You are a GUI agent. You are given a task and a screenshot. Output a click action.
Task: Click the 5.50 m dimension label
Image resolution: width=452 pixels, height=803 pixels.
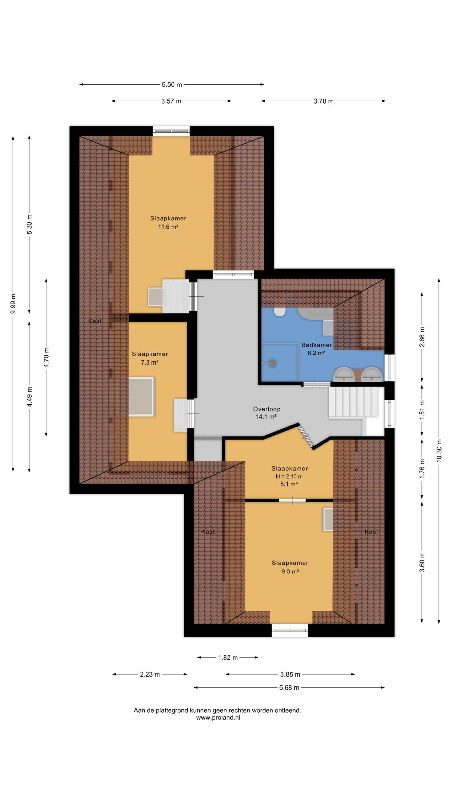click(172, 85)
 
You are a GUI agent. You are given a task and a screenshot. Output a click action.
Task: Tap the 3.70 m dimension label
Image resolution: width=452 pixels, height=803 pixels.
click(323, 101)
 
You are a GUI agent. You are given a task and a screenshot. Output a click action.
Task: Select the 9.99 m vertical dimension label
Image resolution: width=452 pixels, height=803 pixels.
click(13, 304)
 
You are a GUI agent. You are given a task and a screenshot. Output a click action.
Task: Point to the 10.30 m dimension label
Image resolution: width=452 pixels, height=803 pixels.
click(439, 450)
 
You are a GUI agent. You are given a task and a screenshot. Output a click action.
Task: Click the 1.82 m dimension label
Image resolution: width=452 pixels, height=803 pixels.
click(228, 657)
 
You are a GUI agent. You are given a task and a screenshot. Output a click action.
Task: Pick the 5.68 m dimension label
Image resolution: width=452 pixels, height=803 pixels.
click(289, 688)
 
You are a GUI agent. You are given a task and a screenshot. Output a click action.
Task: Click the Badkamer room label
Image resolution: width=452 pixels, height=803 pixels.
click(316, 345)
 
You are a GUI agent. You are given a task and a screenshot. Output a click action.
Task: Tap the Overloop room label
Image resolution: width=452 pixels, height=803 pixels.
click(267, 409)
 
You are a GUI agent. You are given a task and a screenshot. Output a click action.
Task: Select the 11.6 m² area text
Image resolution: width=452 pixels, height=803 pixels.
click(168, 227)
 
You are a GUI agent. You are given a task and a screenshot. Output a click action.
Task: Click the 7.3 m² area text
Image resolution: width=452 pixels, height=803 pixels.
click(150, 363)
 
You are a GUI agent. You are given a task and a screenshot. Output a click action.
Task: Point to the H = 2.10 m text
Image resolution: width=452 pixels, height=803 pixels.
click(289, 476)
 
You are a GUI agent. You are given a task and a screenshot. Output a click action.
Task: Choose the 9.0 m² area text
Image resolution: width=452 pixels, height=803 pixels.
click(290, 572)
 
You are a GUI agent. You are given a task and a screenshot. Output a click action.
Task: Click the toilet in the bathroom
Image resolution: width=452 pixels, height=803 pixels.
click(279, 312)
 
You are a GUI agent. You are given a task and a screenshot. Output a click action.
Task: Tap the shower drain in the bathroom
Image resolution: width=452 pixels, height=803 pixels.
click(272, 363)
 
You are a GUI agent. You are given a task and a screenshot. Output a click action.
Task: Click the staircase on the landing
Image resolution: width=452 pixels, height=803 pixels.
click(353, 402)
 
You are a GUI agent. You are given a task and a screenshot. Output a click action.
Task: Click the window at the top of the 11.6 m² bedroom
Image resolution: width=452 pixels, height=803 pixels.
click(171, 131)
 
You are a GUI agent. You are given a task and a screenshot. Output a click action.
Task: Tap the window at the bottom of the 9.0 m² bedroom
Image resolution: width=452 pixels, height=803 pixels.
click(290, 630)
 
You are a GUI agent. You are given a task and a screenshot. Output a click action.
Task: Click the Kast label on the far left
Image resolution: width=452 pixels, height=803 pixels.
click(95, 321)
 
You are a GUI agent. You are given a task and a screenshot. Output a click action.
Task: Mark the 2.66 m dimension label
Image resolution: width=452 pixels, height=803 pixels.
click(422, 337)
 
